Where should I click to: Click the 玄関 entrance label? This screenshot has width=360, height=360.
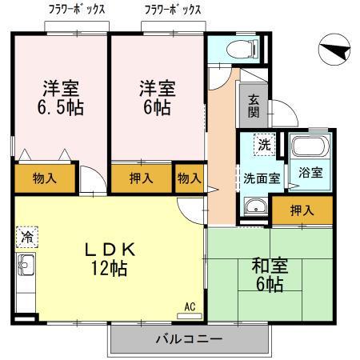[x=253, y=104]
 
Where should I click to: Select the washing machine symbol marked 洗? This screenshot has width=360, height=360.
[x=263, y=146]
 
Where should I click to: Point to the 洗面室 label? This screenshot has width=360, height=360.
[x=262, y=178]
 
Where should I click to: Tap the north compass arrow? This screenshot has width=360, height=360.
[x=334, y=52]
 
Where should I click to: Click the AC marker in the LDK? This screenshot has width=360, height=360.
[x=190, y=306]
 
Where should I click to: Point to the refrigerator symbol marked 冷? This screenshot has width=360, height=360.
[x=26, y=237]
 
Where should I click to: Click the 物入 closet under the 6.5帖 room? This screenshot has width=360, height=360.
[x=45, y=177]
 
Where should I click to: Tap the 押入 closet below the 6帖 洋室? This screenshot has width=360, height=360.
[x=142, y=178]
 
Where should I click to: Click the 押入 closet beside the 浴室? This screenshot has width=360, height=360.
[x=301, y=211]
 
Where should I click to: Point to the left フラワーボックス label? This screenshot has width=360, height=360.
[x=78, y=10]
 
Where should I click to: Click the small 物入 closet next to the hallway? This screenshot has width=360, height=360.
[x=189, y=178]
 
